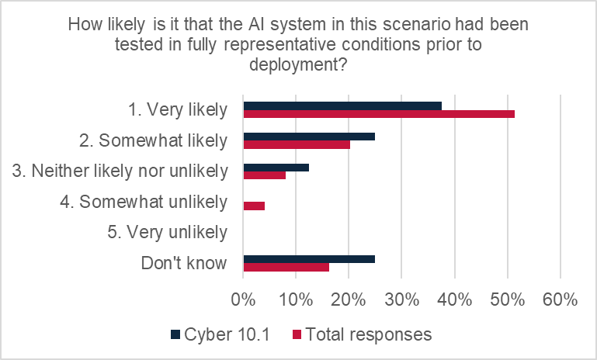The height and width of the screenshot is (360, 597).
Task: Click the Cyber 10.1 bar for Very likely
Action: [x=342, y=106]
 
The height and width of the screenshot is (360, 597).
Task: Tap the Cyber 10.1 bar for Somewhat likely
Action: [x=309, y=136]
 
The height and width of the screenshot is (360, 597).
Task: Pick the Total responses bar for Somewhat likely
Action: [x=297, y=144]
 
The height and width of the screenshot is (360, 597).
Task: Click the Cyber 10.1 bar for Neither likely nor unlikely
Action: [x=276, y=167]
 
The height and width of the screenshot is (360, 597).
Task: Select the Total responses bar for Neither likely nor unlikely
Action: [x=265, y=175]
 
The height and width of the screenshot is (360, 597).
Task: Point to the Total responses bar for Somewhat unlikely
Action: [x=254, y=206]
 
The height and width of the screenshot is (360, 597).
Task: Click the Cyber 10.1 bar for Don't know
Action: [x=309, y=258]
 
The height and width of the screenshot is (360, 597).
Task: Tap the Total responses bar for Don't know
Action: [x=286, y=267]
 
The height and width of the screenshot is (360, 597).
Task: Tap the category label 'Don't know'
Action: [x=184, y=263]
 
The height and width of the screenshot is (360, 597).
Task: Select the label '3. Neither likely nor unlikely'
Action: [x=130, y=171]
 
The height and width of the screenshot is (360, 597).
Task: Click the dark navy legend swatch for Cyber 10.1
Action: [x=175, y=334]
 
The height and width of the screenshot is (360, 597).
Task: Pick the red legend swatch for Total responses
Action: [x=296, y=334]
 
